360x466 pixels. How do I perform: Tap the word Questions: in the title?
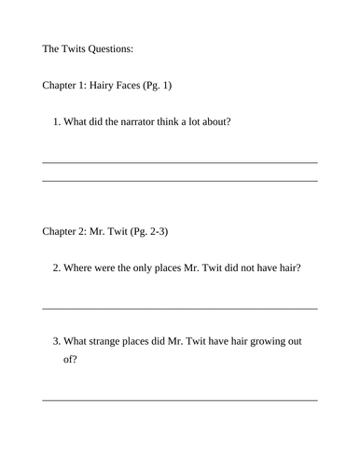pos(119,50)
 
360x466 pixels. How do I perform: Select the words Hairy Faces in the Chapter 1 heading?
pos(117,86)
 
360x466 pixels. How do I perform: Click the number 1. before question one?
pos(57,121)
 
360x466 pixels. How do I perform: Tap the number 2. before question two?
pos(57,267)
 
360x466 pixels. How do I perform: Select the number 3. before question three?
pos(57,341)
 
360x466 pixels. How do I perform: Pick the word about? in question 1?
pos(211,121)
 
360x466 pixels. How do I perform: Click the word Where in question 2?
pos(81,267)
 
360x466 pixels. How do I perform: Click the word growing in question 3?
pos(263,341)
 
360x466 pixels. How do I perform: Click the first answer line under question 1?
pos(180,162)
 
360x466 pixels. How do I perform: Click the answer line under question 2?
pos(180,308)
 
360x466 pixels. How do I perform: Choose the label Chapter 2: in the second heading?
pos(64,230)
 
